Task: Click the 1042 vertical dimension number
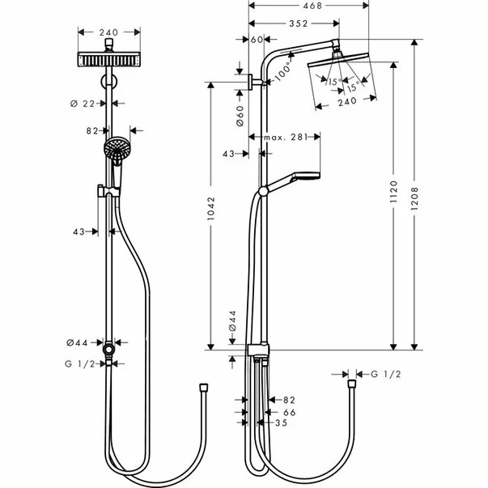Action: (213, 214)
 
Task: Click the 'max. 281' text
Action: (286, 138)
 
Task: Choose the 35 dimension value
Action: (281, 422)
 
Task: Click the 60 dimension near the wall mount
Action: (257, 39)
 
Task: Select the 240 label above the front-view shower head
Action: (108, 32)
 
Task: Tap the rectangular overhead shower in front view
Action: (108, 60)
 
